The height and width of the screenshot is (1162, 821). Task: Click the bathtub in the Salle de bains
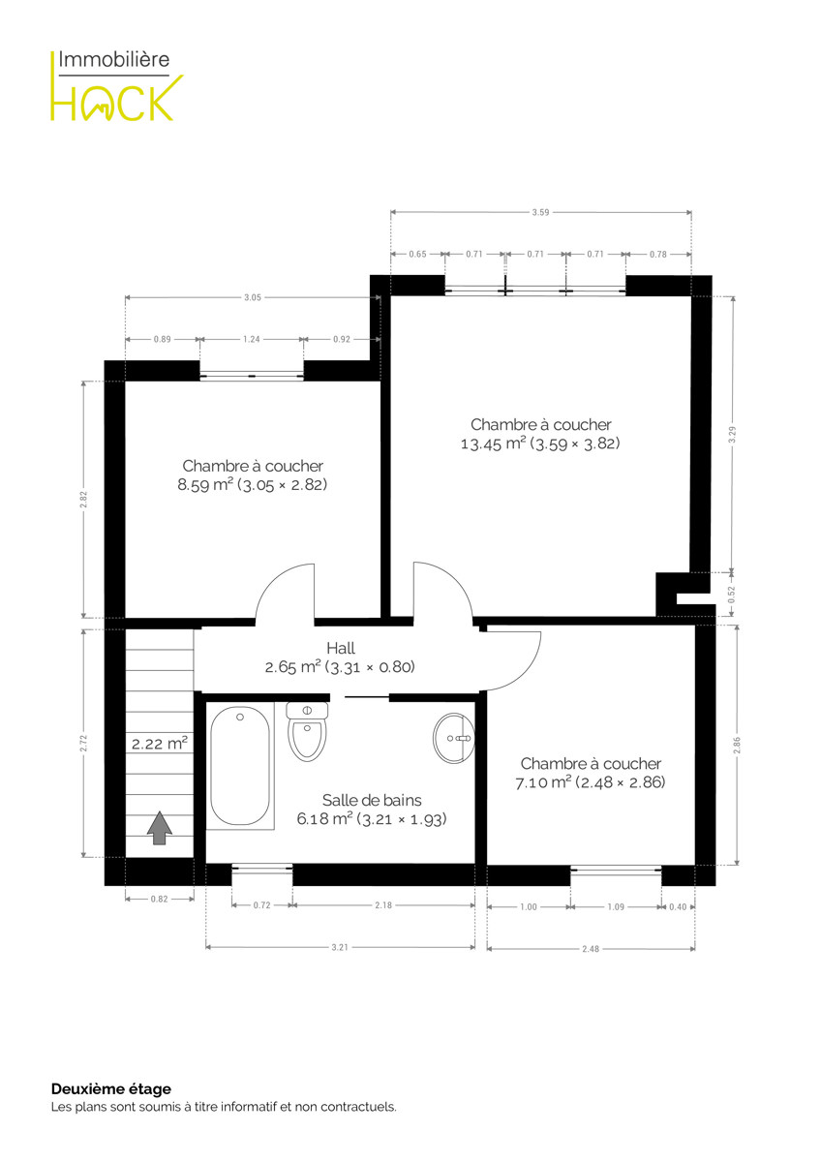tap(240, 766)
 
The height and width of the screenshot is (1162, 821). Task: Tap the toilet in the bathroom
tap(307, 731)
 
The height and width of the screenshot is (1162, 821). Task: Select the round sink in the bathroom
tap(454, 738)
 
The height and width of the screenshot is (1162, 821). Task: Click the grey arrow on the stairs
tap(159, 828)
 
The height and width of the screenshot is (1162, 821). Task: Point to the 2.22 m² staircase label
tap(159, 744)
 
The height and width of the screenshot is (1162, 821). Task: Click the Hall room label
tap(341, 648)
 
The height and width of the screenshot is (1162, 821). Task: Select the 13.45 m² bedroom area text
tap(540, 443)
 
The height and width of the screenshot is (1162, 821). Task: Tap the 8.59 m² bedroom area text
tap(253, 484)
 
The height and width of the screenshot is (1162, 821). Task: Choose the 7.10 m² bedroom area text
tap(591, 782)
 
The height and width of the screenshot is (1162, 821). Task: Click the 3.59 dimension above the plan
tap(540, 212)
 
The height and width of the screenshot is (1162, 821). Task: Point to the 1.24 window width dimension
tap(252, 339)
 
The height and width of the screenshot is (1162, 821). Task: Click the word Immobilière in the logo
tap(114, 59)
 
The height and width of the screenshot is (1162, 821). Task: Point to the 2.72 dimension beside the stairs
tap(83, 744)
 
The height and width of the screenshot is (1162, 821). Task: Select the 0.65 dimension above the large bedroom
tap(417, 254)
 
